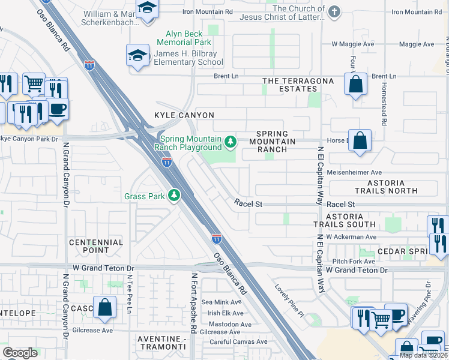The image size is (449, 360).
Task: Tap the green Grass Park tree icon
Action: click(174, 196)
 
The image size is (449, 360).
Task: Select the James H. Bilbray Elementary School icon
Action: click(137, 57)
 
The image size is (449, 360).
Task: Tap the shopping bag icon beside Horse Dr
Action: click(359, 142)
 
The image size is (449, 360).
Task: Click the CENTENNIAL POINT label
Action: click(96, 247)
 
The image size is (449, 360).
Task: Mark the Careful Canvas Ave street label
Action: click(235, 342)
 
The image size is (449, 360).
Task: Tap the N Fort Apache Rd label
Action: click(194, 304)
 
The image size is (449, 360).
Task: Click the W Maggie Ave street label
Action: click(353, 44)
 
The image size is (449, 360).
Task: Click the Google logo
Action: click(20, 353)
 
